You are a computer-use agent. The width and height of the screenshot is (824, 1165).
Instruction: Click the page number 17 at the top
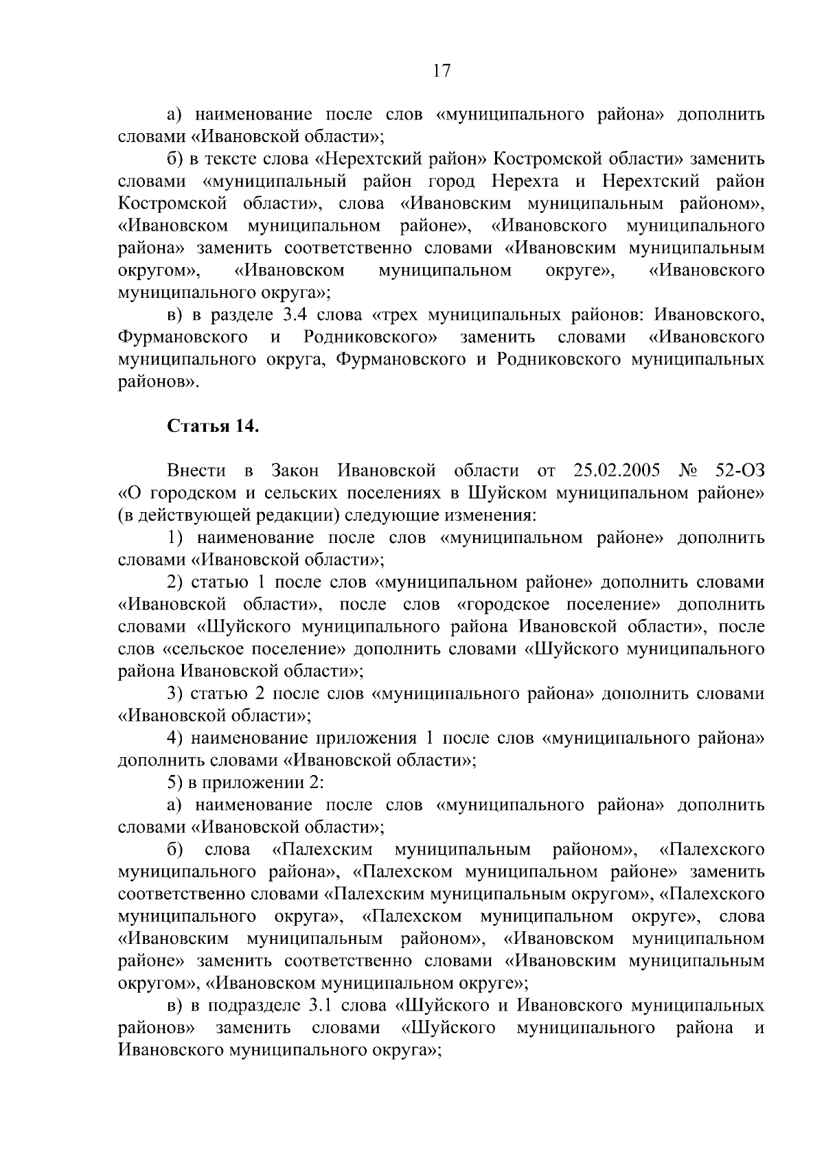click(x=442, y=71)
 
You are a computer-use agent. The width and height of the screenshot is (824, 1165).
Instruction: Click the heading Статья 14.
click(x=214, y=426)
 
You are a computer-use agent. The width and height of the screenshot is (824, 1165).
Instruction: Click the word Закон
click(x=295, y=470)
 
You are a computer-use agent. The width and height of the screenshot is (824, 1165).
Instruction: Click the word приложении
click(x=257, y=783)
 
